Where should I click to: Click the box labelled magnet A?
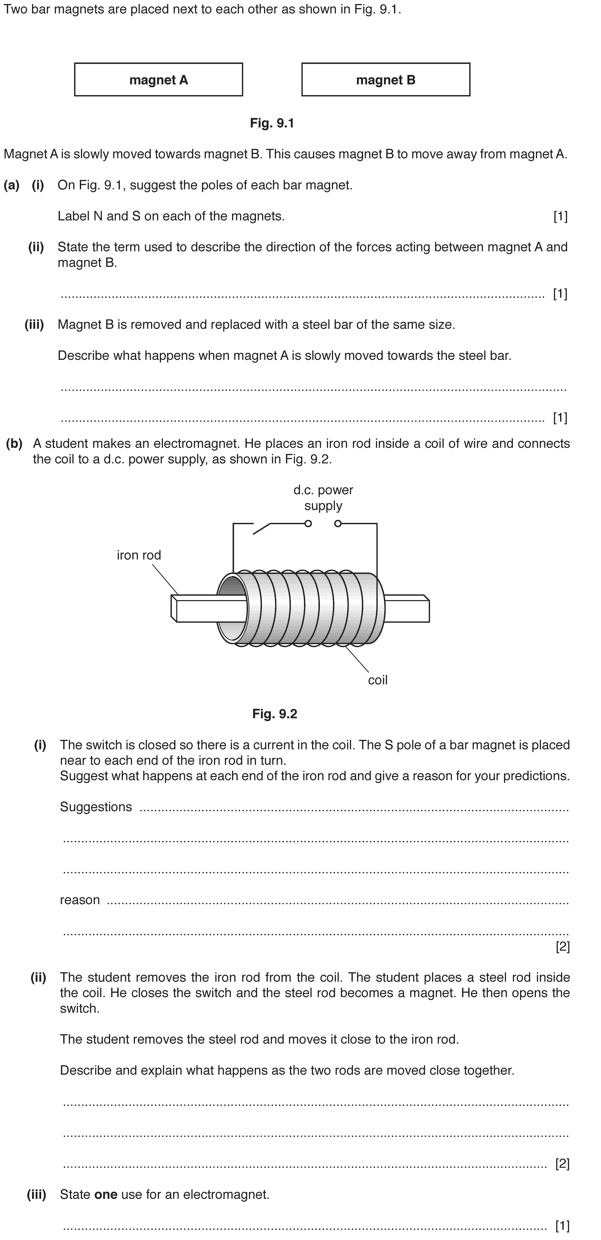click(158, 79)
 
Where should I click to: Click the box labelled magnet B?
click(386, 79)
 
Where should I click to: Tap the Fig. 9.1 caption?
click(272, 123)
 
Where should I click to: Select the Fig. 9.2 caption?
click(275, 714)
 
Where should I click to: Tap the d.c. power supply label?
click(323, 498)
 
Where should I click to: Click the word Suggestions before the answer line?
click(96, 807)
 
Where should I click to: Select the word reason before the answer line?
click(80, 900)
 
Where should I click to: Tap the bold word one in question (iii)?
click(106, 1195)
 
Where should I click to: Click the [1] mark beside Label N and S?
click(560, 217)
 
